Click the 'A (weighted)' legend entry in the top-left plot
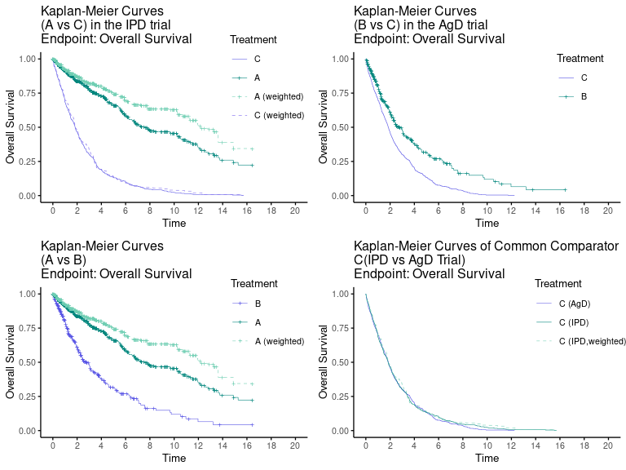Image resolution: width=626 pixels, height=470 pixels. click(x=278, y=96)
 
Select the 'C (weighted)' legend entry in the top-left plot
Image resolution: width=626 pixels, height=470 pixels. click(x=278, y=115)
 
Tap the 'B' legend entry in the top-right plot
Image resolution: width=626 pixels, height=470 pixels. click(x=584, y=97)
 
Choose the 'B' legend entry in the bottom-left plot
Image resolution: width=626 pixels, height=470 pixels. click(x=258, y=303)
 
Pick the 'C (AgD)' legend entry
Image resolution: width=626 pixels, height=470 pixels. click(x=574, y=304)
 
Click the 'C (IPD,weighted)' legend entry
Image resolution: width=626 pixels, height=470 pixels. click(x=592, y=341)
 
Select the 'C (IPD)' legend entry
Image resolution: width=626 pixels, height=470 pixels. click(x=574, y=322)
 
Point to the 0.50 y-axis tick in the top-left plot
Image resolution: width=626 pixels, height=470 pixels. click(x=27, y=127)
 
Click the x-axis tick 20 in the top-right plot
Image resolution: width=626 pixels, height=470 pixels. click(x=607, y=211)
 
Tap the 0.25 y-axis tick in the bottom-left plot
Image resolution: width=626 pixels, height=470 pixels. click(x=27, y=397)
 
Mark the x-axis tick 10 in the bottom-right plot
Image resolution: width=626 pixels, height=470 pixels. click(x=487, y=446)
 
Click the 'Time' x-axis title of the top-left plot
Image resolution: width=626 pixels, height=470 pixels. click(x=174, y=223)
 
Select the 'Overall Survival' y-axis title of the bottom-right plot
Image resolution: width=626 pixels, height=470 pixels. click(x=324, y=361)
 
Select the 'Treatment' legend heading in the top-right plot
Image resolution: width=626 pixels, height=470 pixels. click(x=580, y=59)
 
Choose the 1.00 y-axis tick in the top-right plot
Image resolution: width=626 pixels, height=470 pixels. click(x=340, y=59)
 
